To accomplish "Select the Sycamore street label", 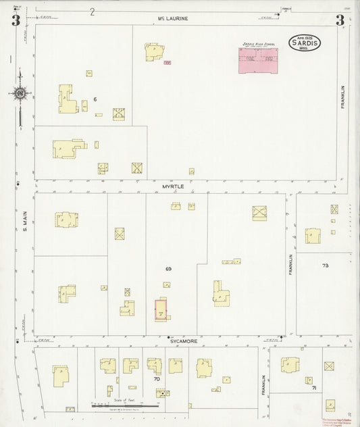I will (x=183, y=342).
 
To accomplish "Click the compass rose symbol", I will (x=20, y=93).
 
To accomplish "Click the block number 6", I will (x=96, y=100).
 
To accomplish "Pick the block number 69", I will (x=168, y=269).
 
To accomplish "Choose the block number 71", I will (x=314, y=388).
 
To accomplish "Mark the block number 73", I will (x=326, y=266).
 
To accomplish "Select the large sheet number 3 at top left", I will (x=14, y=21).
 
